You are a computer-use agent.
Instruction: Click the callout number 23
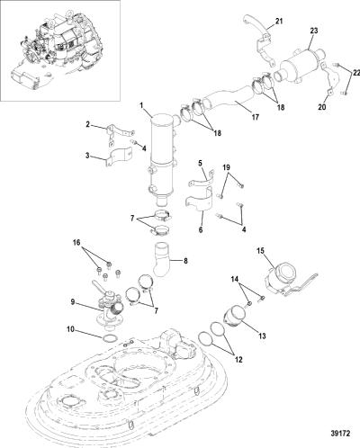click(314, 31)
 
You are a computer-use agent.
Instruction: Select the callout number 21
click(279, 22)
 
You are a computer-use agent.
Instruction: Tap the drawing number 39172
click(340, 434)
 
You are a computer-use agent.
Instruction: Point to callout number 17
click(255, 117)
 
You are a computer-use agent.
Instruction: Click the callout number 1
click(141, 105)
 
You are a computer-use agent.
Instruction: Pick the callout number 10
click(70, 329)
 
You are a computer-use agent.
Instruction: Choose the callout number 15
click(260, 250)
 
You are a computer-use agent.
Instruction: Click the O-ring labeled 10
click(110, 338)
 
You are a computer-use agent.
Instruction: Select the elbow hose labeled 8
click(161, 259)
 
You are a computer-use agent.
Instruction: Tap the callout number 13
click(262, 336)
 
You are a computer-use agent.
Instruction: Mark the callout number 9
click(73, 302)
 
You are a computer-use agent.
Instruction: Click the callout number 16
click(76, 242)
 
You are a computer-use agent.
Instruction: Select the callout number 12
click(238, 359)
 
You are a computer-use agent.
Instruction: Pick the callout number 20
click(322, 107)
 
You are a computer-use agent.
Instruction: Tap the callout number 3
click(87, 156)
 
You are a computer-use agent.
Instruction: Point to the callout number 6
click(201, 229)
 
